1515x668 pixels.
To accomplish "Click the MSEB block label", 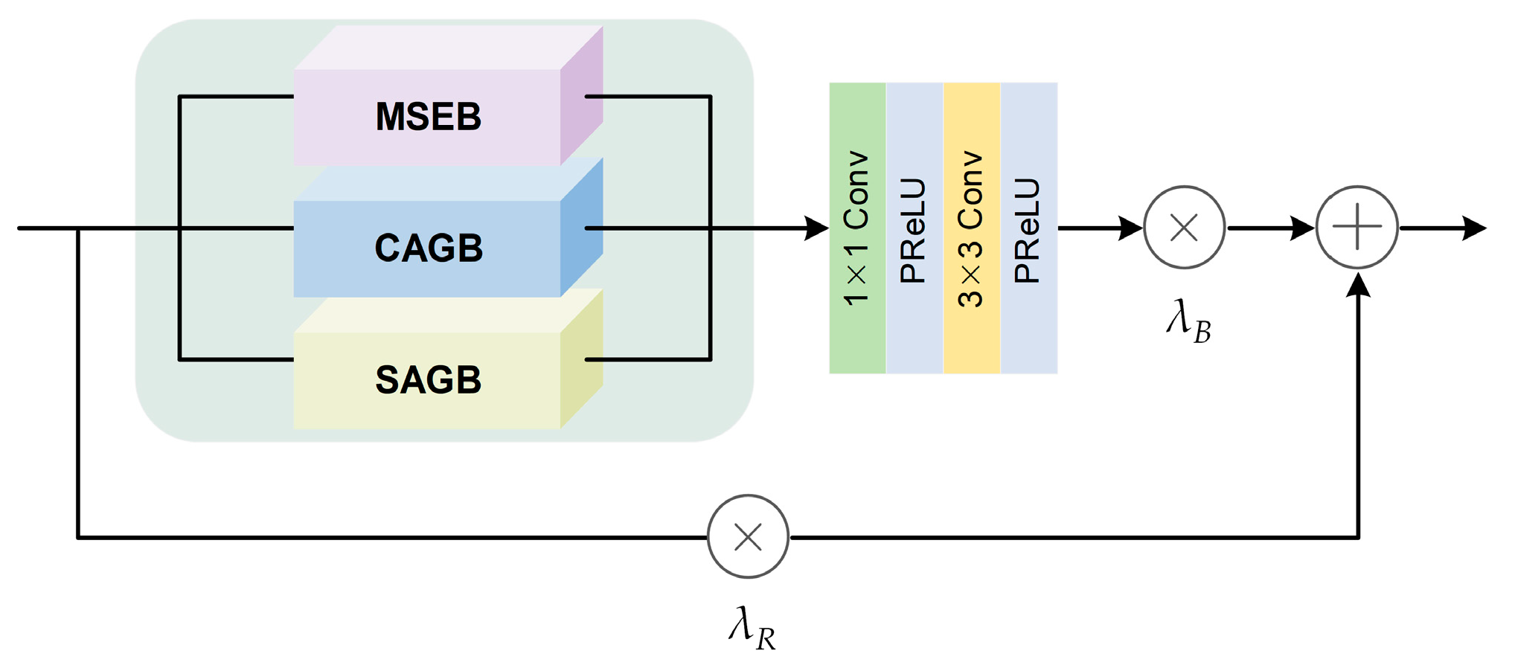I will pos(428,117).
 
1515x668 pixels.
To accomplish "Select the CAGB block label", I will pos(428,248).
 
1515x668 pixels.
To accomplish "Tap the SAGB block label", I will pos(428,380).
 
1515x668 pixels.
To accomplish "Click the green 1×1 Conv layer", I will pos(857,228).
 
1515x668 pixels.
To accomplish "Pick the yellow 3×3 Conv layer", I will pos(972,228).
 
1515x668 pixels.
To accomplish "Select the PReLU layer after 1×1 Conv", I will pos(915,228).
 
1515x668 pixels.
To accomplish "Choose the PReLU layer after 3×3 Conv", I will pos(1029,228).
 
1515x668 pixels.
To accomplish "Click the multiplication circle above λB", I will pos(1184,228).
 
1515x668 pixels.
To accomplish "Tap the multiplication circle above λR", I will pos(748,536).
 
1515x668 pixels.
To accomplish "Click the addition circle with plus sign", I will pos(1357,227).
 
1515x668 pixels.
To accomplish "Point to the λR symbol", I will pos(752,629).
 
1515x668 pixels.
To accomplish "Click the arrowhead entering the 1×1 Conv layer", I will pos(816,228).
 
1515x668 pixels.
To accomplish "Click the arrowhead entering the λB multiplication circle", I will pos(1130,228).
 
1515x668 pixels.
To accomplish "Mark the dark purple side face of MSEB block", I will pos(582,97).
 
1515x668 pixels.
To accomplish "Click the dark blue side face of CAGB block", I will pos(582,228).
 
